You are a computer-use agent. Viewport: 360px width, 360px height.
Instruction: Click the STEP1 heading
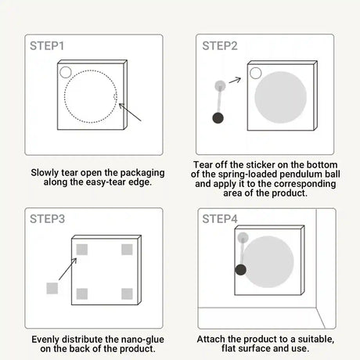point(47,46)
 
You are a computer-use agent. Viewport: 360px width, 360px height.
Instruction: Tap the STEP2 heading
point(220,46)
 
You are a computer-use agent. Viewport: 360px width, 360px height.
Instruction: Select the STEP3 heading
point(47,219)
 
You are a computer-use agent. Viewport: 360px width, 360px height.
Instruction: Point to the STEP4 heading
point(220,219)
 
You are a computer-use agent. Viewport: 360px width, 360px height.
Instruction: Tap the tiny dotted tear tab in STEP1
point(115,97)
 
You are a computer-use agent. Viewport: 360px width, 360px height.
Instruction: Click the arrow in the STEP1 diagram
point(130,112)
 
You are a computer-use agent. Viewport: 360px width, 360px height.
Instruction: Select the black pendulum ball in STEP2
point(218,118)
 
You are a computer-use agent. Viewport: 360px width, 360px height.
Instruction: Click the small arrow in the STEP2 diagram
point(235,80)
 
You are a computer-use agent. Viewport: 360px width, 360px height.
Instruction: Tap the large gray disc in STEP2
point(280,97)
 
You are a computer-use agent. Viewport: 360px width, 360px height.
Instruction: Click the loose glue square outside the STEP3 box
point(52,288)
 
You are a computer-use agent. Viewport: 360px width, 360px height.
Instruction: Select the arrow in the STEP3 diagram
point(68,269)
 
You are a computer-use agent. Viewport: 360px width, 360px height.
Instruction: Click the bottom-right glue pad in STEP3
point(127,294)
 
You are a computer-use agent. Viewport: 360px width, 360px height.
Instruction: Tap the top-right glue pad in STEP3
point(127,250)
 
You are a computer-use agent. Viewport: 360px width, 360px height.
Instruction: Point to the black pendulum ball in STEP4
point(240,270)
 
